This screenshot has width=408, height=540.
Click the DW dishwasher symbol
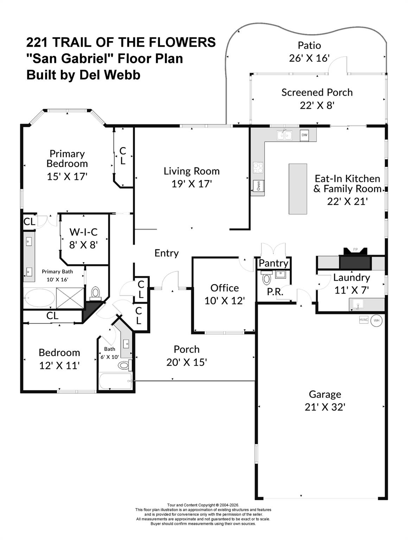[304, 135]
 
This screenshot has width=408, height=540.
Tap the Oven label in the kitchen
[258, 185]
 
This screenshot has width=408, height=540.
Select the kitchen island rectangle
[298, 189]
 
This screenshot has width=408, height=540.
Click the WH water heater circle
[376, 320]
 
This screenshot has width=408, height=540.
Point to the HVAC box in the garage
[363, 320]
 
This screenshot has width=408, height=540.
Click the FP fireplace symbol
[355, 250]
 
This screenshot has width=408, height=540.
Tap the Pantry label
[273, 263]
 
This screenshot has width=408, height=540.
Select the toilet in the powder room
[267, 279]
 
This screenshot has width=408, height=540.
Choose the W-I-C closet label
[83, 232]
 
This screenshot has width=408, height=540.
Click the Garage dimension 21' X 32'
[325, 407]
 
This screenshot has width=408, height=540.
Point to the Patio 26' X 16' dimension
[309, 58]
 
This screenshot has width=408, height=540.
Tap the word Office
[224, 288]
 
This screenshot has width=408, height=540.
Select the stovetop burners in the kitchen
[258, 167]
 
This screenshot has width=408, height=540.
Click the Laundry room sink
[357, 304]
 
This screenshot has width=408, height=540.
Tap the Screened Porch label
[317, 92]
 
